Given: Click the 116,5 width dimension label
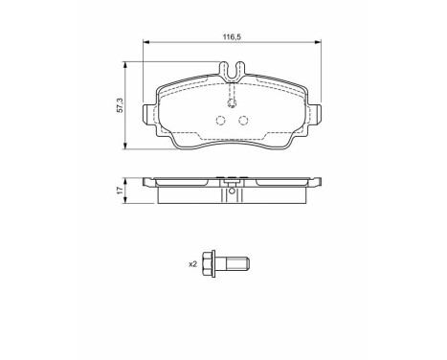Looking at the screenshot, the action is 232,37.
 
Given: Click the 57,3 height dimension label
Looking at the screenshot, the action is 120,105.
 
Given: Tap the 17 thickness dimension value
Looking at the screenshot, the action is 120,191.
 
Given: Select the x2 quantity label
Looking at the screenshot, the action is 193,264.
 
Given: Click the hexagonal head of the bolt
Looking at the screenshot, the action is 210,264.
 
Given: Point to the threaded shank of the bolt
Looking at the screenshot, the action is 237,264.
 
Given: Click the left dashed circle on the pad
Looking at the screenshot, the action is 221,121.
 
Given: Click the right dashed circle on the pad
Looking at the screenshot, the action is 243,121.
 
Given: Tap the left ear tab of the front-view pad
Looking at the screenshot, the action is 148,114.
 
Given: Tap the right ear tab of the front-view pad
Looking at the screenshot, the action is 315,114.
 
